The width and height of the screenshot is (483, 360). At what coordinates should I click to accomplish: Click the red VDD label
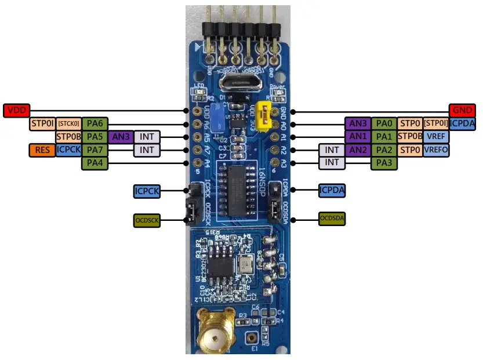point(16,111)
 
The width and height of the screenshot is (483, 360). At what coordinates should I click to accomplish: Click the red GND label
point(462,111)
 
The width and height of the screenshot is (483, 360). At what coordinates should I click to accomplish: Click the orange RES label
point(42,150)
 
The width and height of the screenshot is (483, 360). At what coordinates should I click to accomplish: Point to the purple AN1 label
point(357,137)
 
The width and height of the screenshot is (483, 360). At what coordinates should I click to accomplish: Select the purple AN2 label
point(357,150)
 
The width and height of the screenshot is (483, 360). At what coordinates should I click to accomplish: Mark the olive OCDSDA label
point(332,218)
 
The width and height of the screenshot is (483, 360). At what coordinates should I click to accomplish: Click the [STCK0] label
point(68,123)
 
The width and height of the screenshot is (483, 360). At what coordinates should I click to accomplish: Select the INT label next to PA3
point(332,163)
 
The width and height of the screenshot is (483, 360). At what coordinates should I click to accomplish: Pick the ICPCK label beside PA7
point(68,150)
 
